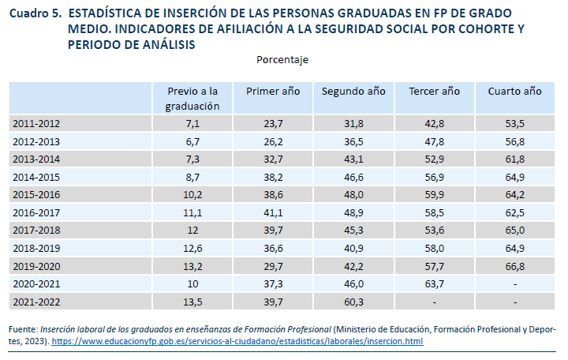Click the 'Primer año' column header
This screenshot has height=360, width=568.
pyautogui.click(x=273, y=91)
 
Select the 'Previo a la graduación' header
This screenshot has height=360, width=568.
pyautogui.click(x=192, y=98)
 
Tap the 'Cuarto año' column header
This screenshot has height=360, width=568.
pyautogui.click(x=514, y=91)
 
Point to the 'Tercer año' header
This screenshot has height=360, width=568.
pyautogui.click(x=434, y=91)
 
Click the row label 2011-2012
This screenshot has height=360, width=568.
pyautogui.click(x=36, y=124)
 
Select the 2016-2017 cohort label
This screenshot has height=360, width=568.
pyautogui.click(x=36, y=212)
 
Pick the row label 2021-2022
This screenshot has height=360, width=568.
pyautogui.click(x=36, y=302)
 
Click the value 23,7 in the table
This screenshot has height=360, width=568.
pyautogui.click(x=273, y=124)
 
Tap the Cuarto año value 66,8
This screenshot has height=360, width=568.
pyautogui.click(x=514, y=266)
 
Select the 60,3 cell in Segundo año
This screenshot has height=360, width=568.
pyautogui.click(x=353, y=302)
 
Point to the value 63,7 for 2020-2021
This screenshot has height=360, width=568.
pyautogui.click(x=434, y=283)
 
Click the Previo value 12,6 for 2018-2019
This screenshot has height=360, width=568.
pyautogui.click(x=192, y=248)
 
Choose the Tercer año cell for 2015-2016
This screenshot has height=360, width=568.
pyautogui.click(x=434, y=195)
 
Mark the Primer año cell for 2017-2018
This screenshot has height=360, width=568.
pyautogui.click(x=273, y=231)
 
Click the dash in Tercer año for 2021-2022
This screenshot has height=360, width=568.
pyautogui.click(x=434, y=302)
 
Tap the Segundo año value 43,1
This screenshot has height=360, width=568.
pyautogui.click(x=353, y=159)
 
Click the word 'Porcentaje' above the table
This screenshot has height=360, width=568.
pyautogui.click(x=282, y=60)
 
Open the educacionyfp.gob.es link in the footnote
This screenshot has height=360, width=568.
pyautogui.click(x=237, y=341)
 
